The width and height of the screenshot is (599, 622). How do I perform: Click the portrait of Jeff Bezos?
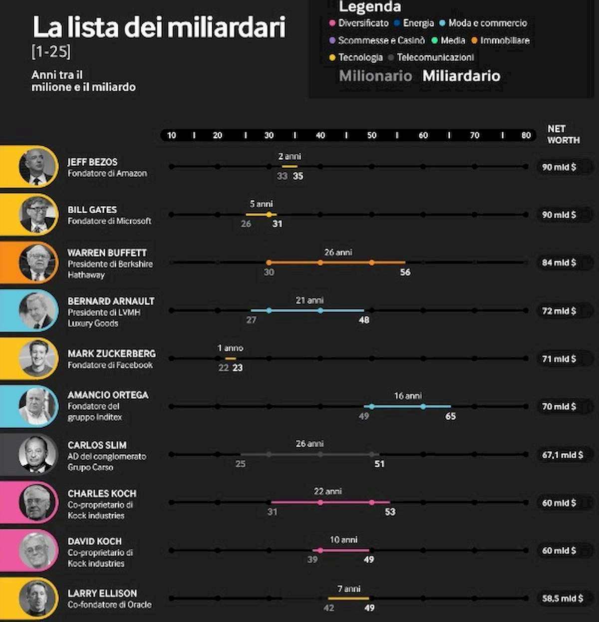(38, 167)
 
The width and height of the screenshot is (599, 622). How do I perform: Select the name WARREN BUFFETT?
(107, 253)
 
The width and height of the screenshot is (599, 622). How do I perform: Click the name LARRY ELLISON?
(102, 593)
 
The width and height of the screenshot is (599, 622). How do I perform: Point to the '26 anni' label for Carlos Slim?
(309, 443)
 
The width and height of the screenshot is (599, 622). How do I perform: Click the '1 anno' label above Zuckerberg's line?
(230, 348)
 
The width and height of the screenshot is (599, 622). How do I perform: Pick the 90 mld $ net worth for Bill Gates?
(559, 215)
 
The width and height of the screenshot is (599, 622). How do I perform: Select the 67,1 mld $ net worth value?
(562, 455)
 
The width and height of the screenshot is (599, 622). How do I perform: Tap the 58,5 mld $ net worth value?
(562, 598)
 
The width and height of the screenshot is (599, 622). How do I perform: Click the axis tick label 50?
(372, 135)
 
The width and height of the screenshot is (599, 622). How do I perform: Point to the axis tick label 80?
(526, 135)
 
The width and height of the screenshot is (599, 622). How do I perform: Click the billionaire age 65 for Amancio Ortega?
(450, 416)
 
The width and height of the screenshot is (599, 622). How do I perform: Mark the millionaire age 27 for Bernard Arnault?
(251, 320)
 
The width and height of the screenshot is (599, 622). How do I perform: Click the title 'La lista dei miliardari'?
(159, 27)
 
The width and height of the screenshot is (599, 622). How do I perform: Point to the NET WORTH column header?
(563, 135)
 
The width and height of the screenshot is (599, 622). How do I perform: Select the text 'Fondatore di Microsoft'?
(109, 221)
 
